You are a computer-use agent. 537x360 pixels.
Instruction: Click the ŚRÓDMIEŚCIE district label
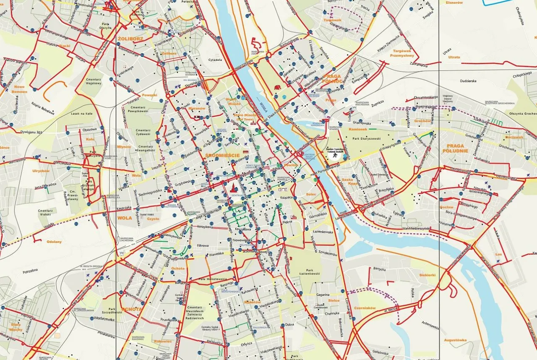tap(222, 156)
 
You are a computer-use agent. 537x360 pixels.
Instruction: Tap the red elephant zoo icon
tap(277, 88)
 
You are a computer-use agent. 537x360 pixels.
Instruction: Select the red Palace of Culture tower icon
tap(231, 188)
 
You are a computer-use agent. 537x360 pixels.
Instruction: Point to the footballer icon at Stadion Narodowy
tap(334, 155)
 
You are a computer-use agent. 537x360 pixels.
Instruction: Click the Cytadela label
tap(215, 60)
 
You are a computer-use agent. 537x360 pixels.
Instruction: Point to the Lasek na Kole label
tap(81, 114)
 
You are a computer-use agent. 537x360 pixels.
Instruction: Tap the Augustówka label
tap(455, 340)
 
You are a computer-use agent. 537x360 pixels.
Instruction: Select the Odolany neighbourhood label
tap(54, 242)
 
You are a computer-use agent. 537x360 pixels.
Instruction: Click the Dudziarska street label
tap(469, 81)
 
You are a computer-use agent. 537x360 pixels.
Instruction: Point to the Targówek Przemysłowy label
tap(401, 52)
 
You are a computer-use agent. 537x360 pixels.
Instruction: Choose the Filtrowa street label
tap(203, 245)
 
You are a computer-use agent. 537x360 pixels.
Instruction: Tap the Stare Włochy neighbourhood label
tap(16, 327)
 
